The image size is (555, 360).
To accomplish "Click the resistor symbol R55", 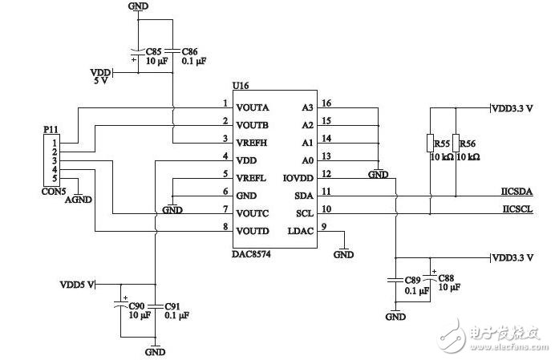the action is tap(431, 143).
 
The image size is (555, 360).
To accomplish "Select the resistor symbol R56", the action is tap(456, 143).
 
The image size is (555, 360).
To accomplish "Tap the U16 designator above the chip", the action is tap(241, 85).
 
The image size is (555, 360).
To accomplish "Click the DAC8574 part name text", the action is tap(251, 254).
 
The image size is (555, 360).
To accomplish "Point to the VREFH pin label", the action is tap(251, 143).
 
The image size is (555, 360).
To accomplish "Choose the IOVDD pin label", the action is tap(298, 178).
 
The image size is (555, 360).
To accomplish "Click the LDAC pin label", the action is tap(301, 231).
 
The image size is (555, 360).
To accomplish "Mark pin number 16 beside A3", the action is tap(326, 103).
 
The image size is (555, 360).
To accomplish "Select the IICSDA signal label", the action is tap(517, 192).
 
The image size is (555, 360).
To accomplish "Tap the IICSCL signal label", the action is tap(517, 208).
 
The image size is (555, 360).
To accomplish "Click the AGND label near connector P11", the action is tap(79, 200).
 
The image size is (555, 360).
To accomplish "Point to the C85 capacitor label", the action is tap(154, 51).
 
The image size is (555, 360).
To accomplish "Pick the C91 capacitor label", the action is tap(172, 306).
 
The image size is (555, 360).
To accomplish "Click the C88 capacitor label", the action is tap(446, 278).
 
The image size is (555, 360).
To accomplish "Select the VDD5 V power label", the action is tap(77, 285).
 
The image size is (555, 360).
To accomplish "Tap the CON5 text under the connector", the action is tap(54, 192).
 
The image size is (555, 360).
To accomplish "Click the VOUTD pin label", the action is tap(253, 231).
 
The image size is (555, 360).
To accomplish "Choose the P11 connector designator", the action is tap(51, 130).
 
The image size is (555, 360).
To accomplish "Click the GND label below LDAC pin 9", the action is tap(343, 254).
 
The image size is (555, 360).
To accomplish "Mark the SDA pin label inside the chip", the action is tap(304, 196).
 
